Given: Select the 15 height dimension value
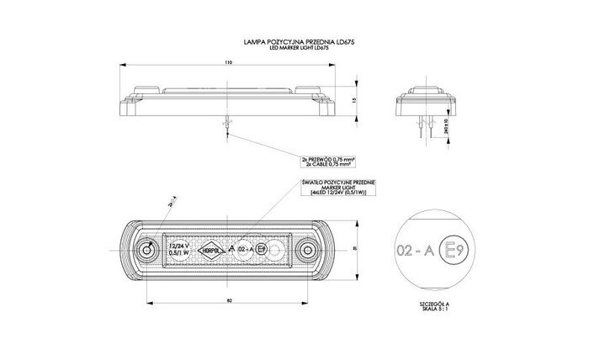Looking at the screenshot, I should (x=354, y=100).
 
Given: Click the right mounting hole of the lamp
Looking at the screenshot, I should (x=307, y=251).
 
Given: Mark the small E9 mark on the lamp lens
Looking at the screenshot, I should (x=262, y=250).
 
